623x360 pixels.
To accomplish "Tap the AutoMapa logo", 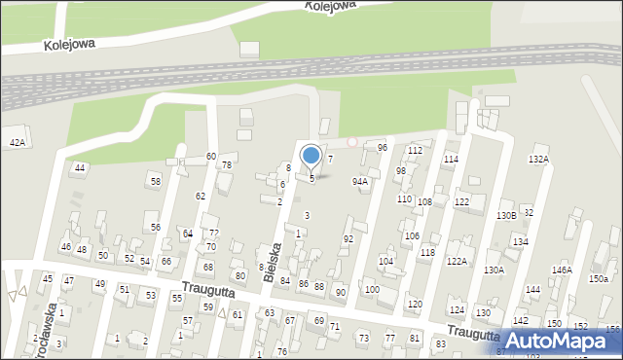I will point(560,341).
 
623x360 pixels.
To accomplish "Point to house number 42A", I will point(17,142).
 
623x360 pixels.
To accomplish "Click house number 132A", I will point(538,159).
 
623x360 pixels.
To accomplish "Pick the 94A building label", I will point(360,181).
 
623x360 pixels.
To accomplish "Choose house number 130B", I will point(505,215).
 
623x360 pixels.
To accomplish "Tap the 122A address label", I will point(457,261).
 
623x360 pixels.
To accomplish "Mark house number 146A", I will point(562,270).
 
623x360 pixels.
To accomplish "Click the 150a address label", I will point(598,279).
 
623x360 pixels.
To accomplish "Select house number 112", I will point(415,151).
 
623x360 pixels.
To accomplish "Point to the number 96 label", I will point(383,147).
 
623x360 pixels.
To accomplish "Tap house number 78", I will point(227,164).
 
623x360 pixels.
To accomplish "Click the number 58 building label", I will point(155,181).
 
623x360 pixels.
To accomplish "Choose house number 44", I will point(80,167).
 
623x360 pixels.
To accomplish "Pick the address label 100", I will point(372,289).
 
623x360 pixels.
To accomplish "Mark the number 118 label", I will point(427,252).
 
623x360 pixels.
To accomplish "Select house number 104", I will point(385,261).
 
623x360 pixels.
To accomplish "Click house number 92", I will point(348,238).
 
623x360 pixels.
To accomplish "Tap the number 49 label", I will point(99,284).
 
